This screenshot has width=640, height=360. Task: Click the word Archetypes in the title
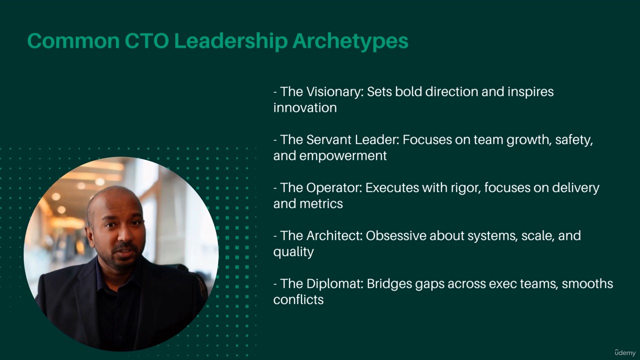[350, 41]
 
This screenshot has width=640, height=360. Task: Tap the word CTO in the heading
[146, 41]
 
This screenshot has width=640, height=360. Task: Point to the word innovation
[305, 107]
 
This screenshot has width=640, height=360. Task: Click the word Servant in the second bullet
[328, 139]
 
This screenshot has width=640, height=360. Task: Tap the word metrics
[321, 203]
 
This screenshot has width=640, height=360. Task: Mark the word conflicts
[298, 299]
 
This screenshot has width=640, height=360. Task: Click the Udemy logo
[625, 352]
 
